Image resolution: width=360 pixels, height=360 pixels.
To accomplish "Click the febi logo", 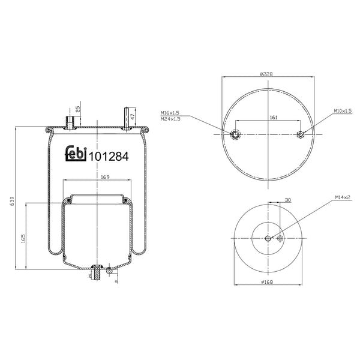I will pos(76,154).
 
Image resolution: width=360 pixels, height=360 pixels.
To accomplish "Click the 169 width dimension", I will pos(104,176).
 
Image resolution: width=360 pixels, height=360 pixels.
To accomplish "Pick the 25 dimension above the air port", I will pos(79,109).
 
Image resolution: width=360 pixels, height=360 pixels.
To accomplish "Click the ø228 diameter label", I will pos(267,74).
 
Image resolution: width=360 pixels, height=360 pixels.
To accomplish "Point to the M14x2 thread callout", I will pos(343,197).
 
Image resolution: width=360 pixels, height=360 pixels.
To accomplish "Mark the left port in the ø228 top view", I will pos(235,134).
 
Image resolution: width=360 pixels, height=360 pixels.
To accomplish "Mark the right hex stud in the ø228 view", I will pos(301,134).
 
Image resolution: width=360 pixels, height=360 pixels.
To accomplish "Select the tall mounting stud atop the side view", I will pos(127,118).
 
